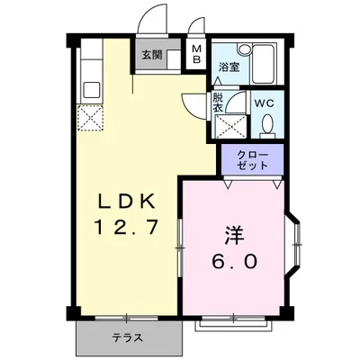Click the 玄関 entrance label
(149, 55)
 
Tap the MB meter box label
(195, 55)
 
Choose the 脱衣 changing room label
(219, 103)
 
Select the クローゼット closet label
(252, 161)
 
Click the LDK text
(126, 200)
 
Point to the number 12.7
(127, 228)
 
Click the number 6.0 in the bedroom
(237, 263)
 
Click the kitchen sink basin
(91, 88)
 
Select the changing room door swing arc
(193, 103)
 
